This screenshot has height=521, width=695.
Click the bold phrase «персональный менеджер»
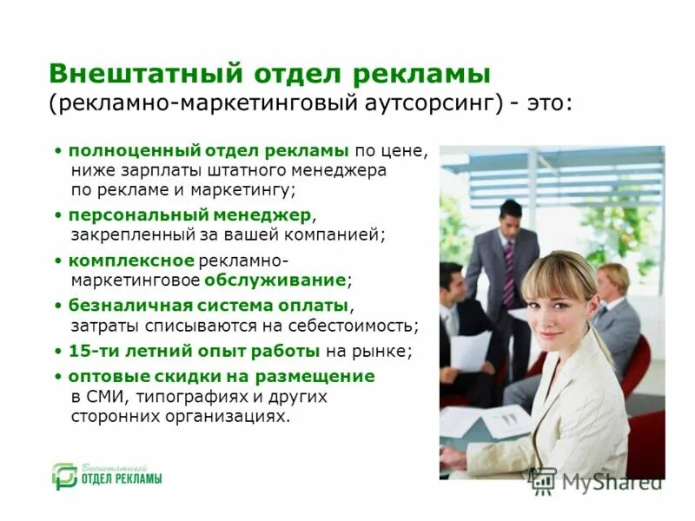coord(190,214)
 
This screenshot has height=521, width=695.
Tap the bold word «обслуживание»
coord(275,280)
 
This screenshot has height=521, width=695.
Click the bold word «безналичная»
coord(124,306)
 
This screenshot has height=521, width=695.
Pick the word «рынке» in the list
coord(383,352)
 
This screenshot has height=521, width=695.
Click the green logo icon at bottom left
coord(63,476)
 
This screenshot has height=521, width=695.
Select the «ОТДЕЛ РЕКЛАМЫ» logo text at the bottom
coord(122,479)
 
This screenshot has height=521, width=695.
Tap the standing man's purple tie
coord(508,274)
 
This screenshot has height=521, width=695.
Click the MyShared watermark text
coord(612,483)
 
